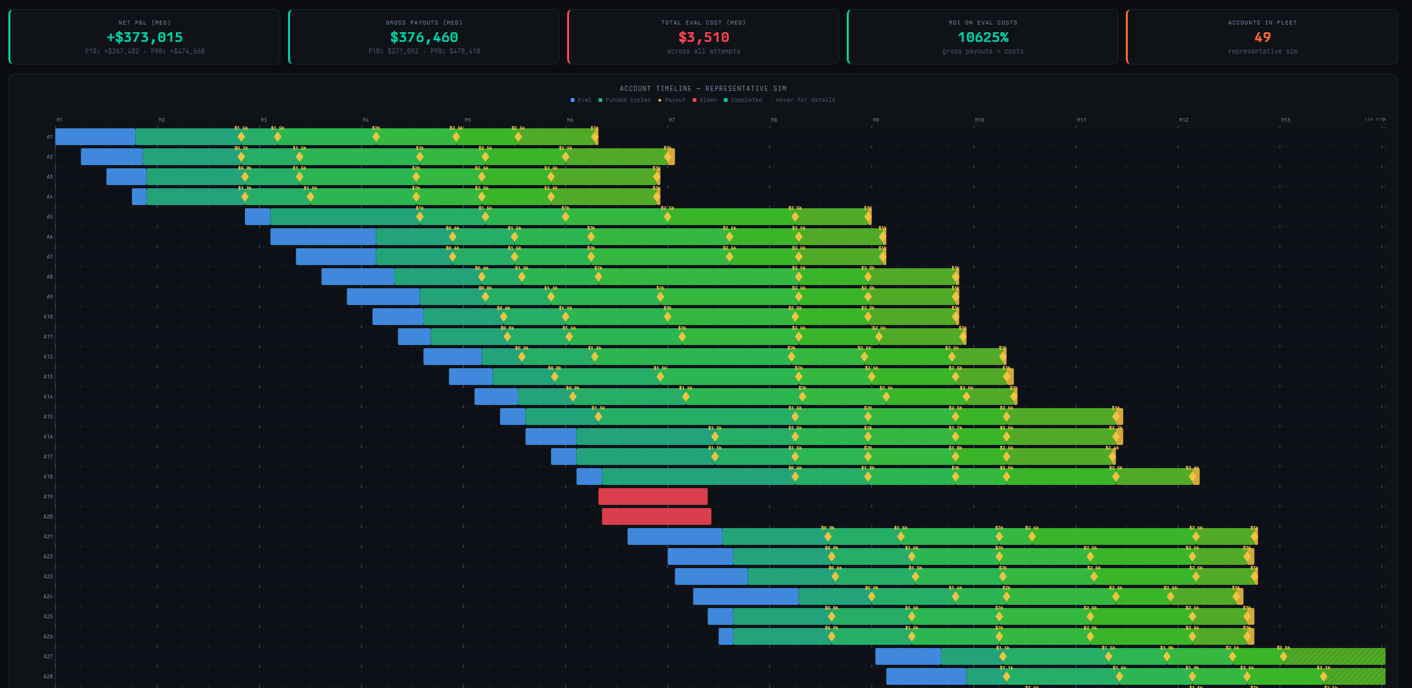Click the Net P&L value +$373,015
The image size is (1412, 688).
(x=144, y=37)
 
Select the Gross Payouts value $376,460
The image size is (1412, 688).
(x=424, y=37)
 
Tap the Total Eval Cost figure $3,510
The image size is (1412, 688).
(x=703, y=37)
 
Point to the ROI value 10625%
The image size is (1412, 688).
(x=983, y=37)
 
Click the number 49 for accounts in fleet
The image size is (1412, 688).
(x=1262, y=37)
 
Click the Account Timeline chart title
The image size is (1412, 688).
(x=702, y=88)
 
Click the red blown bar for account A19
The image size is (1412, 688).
(x=652, y=496)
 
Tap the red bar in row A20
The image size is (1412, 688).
(x=656, y=516)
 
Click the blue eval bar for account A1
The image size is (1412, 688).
(x=95, y=137)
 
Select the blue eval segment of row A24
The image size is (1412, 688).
(x=746, y=596)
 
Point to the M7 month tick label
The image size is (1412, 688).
(x=672, y=120)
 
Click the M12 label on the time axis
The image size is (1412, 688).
(x=1183, y=120)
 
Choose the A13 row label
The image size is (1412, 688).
(x=48, y=377)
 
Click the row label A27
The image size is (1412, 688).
(x=48, y=656)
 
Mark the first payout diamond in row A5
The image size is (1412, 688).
(x=420, y=217)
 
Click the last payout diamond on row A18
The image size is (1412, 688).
(x=1192, y=477)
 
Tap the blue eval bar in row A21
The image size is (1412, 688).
(x=675, y=536)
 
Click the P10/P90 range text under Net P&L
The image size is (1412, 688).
(x=144, y=51)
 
